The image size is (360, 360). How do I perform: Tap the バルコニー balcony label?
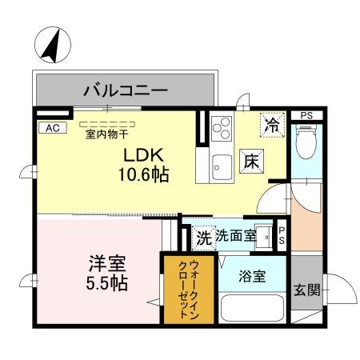tap(126, 90)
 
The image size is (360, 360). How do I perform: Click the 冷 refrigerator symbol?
tap(273, 124)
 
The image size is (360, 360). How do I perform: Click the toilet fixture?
tap(305, 144)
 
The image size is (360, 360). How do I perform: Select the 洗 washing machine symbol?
tap(203, 237)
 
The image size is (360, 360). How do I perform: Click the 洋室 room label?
tap(106, 262)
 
